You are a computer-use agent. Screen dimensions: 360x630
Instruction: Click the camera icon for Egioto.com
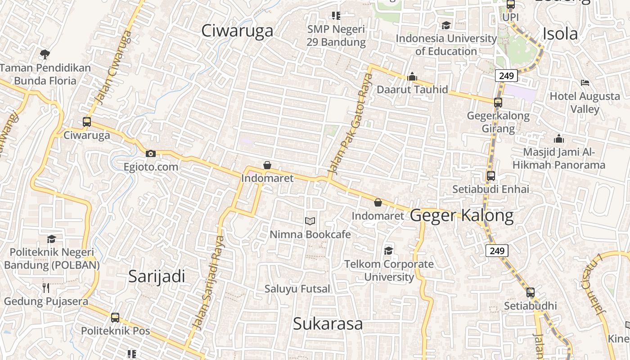(x=151, y=154)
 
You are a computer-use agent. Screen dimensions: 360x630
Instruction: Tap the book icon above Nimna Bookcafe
(x=310, y=221)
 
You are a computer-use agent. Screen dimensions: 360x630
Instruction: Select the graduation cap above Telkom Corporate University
(x=388, y=251)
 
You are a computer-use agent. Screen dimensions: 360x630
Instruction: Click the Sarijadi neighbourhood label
(x=157, y=276)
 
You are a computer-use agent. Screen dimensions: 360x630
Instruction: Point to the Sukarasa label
(x=328, y=324)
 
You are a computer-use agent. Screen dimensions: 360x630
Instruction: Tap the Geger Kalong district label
(x=462, y=216)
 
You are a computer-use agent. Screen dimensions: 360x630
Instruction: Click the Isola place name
(x=560, y=34)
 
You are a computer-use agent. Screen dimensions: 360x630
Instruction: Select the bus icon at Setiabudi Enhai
(x=491, y=176)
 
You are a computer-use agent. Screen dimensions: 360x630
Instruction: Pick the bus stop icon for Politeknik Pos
(x=115, y=318)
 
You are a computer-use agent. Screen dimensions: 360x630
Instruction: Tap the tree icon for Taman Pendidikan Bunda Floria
(x=45, y=55)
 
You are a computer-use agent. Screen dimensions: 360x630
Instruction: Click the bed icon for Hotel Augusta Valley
(x=585, y=83)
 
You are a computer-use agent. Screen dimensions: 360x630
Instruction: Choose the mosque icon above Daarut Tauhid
(x=412, y=77)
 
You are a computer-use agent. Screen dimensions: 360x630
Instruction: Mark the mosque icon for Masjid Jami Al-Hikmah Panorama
(x=559, y=139)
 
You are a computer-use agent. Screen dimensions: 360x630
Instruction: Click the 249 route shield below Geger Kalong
(x=497, y=251)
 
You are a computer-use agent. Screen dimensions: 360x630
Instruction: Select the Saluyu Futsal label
(x=297, y=289)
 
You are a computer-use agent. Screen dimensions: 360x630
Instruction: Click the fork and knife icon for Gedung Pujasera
(x=46, y=288)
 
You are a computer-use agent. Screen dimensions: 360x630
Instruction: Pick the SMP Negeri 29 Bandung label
(x=336, y=36)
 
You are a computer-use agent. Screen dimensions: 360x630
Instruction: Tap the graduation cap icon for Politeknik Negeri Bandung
(x=52, y=239)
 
